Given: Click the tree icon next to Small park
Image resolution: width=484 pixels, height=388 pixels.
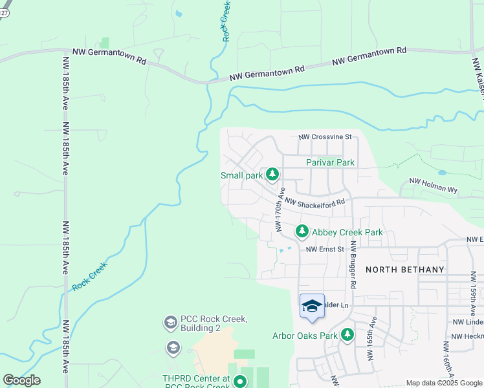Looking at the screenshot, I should pyautogui.click(x=273, y=175).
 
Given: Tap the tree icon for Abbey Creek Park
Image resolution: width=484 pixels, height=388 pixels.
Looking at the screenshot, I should pyautogui.click(x=302, y=232).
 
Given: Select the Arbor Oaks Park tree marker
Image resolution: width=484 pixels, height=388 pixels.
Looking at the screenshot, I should pyautogui.click(x=348, y=335).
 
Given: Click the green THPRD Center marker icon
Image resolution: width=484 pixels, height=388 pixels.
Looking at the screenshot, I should pyautogui.click(x=240, y=382).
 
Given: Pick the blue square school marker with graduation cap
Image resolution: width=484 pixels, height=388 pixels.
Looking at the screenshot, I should pyautogui.click(x=312, y=306).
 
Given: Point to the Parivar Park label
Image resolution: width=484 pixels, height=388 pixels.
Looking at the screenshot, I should pyautogui.click(x=331, y=162).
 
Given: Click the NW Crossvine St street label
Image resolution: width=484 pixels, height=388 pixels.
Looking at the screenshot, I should pyautogui.click(x=324, y=137).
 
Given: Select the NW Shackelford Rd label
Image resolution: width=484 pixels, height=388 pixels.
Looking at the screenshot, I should pyautogui.click(x=314, y=202).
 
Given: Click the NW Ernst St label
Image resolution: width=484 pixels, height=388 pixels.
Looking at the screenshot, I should pyautogui.click(x=325, y=249).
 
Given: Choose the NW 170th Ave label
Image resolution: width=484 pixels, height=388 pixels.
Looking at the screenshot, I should pyautogui.click(x=280, y=210).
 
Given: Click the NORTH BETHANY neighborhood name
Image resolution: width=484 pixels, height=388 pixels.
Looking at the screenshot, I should pyautogui.click(x=405, y=270).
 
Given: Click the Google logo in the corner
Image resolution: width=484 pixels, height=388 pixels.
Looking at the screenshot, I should pyautogui.click(x=21, y=380).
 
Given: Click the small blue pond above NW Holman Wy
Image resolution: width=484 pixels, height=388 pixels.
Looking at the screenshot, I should pyautogui.click(x=441, y=173).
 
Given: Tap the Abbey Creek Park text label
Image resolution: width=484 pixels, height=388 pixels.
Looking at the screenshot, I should pyautogui.click(x=347, y=232).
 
